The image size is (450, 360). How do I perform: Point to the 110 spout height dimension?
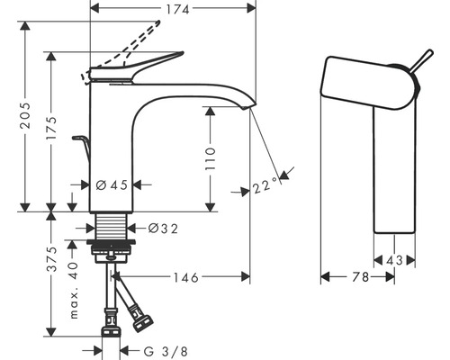210,158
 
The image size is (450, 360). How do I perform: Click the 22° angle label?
266,187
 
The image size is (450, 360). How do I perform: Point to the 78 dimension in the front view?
358,280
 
